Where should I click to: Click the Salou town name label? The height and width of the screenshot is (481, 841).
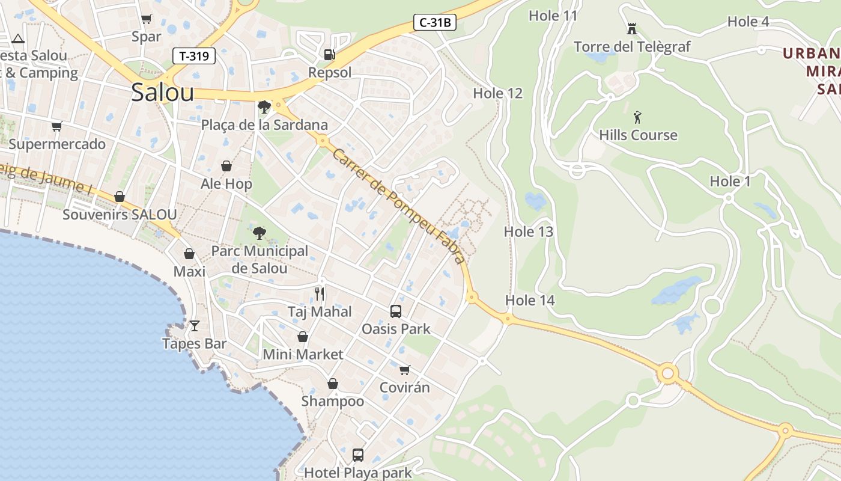coord(162,93)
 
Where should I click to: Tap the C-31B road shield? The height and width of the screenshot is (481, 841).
coord(435,23)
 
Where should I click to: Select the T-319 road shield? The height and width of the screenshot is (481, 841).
coord(193,57)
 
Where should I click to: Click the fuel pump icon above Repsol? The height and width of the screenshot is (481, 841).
coord(329,55)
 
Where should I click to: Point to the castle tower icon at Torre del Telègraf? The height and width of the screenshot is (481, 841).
coord(631,28)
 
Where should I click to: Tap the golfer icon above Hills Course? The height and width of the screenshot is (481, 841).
coord(637,117)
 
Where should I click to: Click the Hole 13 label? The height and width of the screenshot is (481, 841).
coord(528,231)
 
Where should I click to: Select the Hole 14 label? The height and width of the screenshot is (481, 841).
coord(530,301)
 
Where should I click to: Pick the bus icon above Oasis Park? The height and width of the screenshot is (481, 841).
coord(395,311)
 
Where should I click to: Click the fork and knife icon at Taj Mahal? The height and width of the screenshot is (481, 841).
coord(320,294)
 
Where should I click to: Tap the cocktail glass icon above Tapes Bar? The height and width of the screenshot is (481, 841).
coord(194,326)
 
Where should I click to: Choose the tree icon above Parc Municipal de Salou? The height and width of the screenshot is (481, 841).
coord(260,233)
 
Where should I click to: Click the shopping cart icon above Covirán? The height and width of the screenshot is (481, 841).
coord(405,369)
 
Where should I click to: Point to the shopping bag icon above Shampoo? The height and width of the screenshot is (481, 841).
coord(332,384)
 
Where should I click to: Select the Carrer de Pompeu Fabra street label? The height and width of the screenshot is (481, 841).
coord(399,206)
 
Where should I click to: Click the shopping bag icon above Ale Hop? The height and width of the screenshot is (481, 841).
coord(226,166)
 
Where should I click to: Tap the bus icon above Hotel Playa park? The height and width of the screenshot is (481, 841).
coord(358,455)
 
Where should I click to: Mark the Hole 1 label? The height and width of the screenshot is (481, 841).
coord(730,181)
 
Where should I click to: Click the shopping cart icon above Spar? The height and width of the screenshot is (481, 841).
coord(146,19)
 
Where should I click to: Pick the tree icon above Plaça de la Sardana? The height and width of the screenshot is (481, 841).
coord(263,107)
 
